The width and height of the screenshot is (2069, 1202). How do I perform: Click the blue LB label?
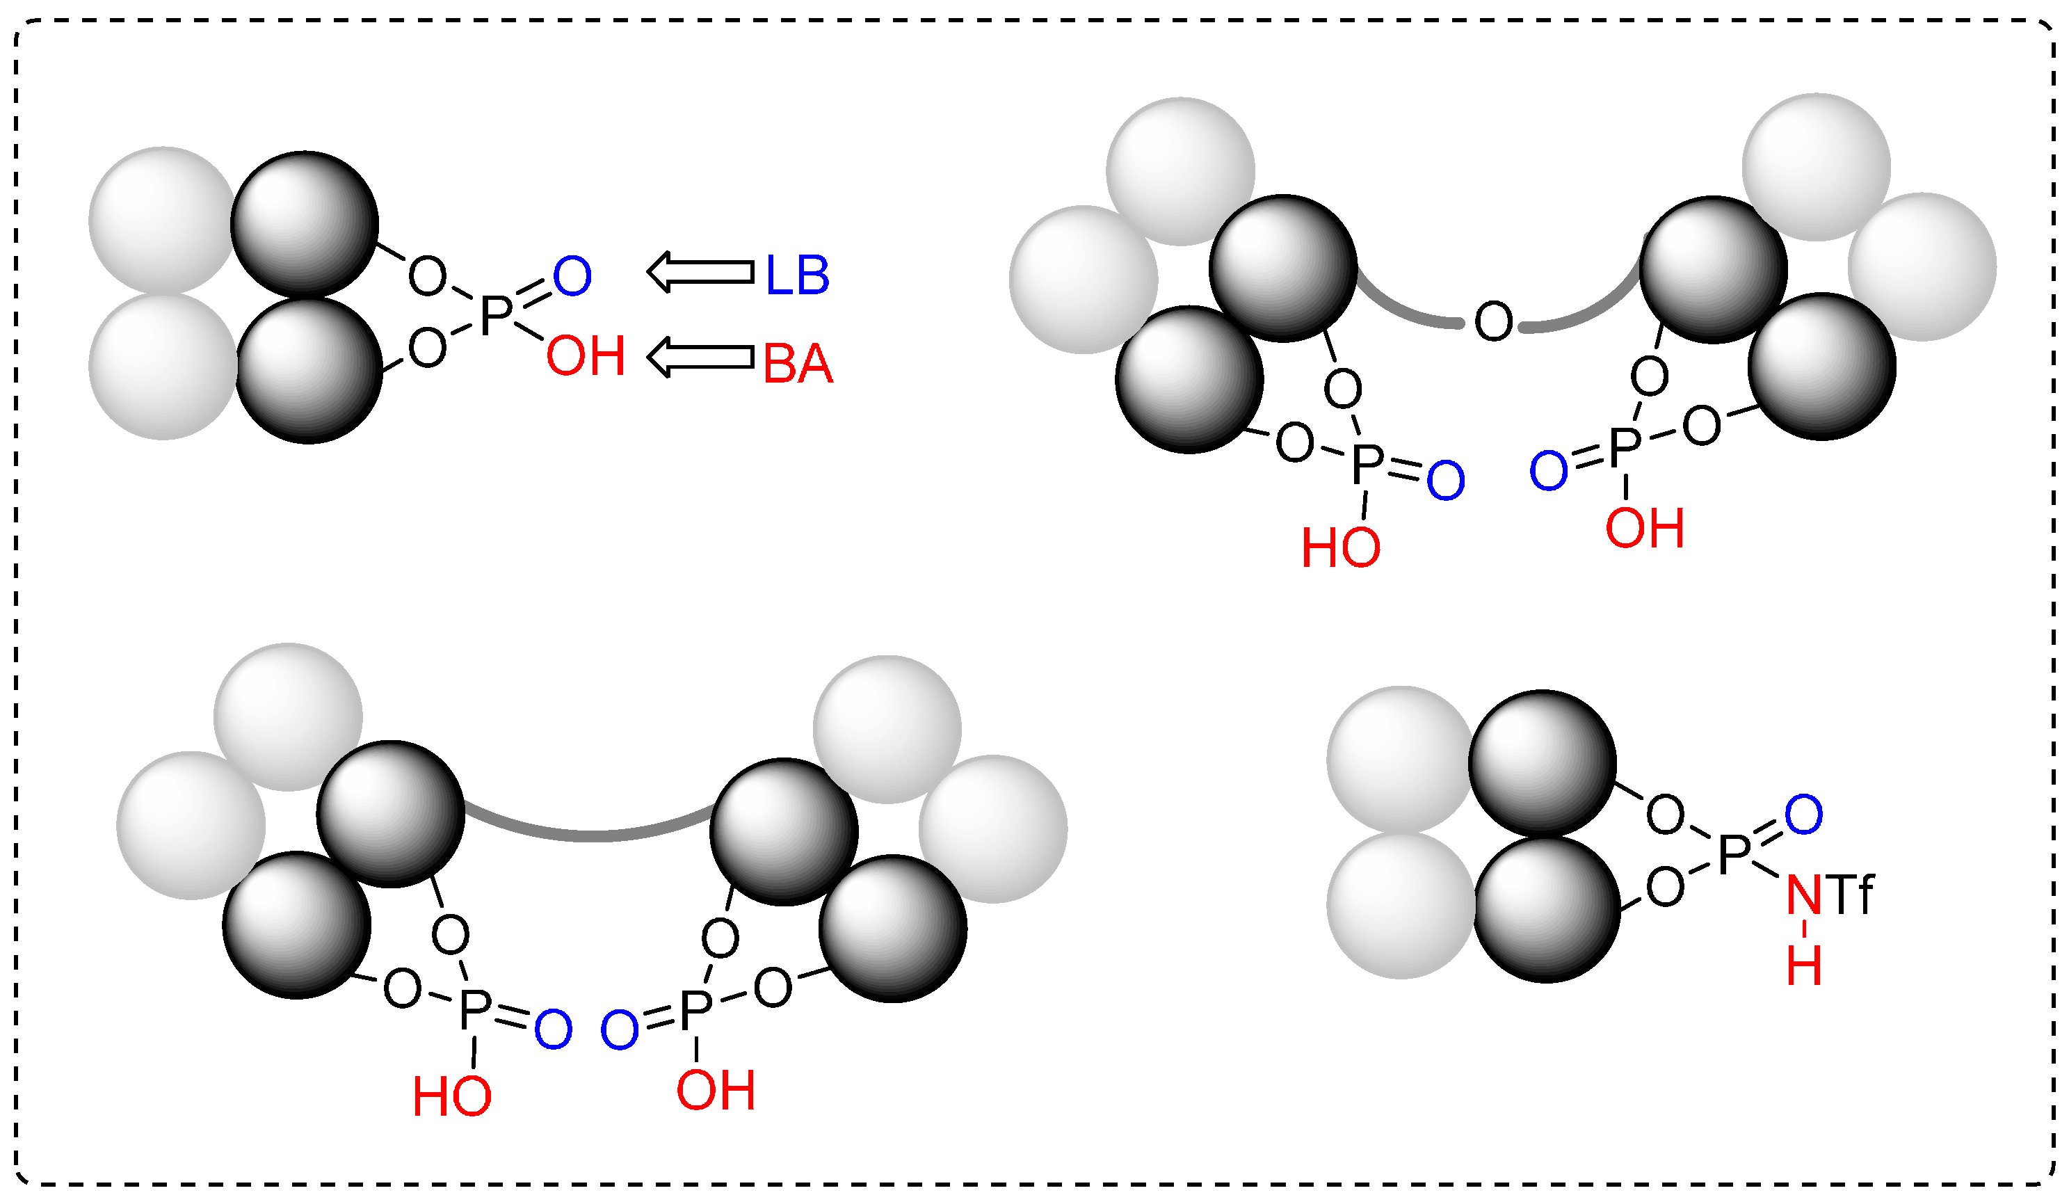coord(796,275)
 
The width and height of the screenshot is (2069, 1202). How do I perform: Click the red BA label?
coord(797,364)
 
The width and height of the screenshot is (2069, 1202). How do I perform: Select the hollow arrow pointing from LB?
coord(700,272)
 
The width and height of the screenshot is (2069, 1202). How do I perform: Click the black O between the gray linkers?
coord(1492,321)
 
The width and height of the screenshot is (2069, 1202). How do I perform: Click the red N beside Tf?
coord(1804,895)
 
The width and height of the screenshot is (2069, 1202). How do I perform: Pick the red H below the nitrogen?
coord(1805,965)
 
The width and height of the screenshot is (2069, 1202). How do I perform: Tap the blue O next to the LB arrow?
coord(572,277)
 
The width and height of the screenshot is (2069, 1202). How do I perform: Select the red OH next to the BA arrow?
coord(586,356)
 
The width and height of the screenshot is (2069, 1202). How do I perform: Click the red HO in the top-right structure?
coord(1341,547)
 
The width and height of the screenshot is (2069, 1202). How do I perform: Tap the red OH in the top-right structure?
coord(1645,528)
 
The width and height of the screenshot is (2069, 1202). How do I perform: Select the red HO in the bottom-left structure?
coord(451,1097)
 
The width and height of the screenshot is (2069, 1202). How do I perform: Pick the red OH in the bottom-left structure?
coord(715,1091)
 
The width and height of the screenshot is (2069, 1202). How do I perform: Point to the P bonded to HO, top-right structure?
coord(1367,465)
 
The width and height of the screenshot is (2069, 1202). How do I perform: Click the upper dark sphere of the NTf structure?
coord(1542,764)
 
